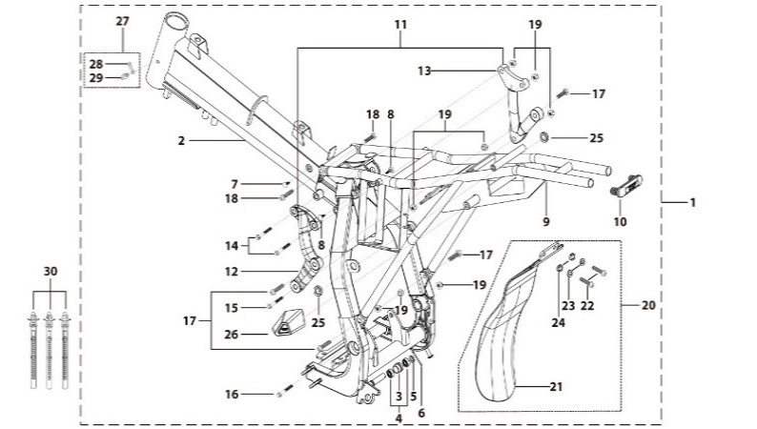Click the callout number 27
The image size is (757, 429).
tap(121, 20)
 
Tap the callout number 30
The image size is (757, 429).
tap(51, 270)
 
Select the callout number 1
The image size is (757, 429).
tap(693, 202)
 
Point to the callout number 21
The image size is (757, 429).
tap(554, 386)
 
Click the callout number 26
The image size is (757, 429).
tap(232, 335)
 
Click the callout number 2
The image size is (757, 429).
tap(180, 140)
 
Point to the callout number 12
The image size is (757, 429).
tap(232, 272)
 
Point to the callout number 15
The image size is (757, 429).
tap(232, 307)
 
